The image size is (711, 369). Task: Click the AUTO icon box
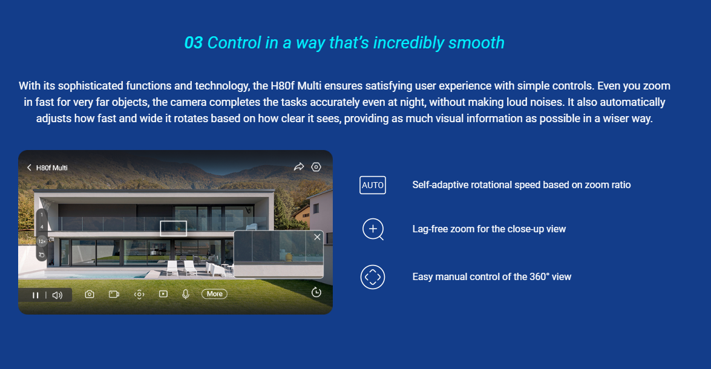[x=373, y=185]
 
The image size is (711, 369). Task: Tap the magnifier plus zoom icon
[x=373, y=229]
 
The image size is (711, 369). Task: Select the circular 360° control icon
[x=373, y=277]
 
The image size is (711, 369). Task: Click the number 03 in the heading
[x=194, y=43]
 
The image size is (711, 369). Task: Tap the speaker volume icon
[x=57, y=295]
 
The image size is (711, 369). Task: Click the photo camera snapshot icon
[x=90, y=294]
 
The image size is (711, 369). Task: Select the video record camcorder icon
[x=114, y=294]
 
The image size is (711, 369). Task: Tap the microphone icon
[x=185, y=294]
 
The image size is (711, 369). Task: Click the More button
[x=214, y=294]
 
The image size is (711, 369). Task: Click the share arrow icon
[x=299, y=167]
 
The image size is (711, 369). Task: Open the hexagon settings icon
[x=316, y=167]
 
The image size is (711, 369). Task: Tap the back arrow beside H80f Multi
[x=29, y=168]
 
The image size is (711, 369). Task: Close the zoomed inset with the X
[x=318, y=237]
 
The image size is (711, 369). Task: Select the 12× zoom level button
[x=42, y=241]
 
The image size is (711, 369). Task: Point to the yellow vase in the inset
[x=289, y=257]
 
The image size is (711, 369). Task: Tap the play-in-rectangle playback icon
[x=163, y=294]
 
